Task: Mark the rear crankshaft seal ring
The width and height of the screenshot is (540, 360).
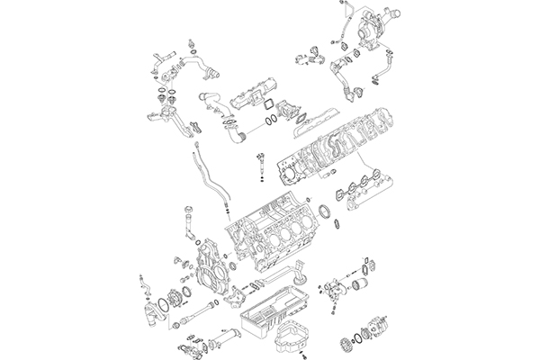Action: tap(329, 217)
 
